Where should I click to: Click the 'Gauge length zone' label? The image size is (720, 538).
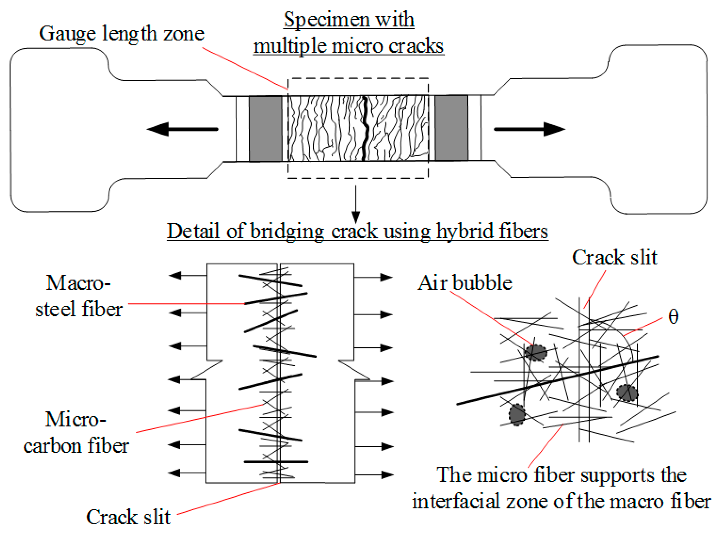(121, 34)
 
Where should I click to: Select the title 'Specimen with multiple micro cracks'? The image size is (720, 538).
(349, 33)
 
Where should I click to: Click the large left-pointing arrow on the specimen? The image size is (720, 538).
(182, 129)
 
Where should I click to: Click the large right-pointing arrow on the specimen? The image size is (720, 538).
(529, 129)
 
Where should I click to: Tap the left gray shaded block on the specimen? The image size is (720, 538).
(266, 129)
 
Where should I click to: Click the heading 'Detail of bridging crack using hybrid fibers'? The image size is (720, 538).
(357, 232)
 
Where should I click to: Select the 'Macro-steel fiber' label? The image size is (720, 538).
(79, 296)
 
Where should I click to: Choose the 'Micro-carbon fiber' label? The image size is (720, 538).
(76, 432)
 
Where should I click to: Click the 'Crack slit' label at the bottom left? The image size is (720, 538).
(128, 517)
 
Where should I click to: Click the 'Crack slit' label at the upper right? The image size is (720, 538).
(615, 258)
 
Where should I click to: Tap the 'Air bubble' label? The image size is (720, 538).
(465, 283)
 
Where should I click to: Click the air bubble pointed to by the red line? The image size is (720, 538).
(536, 352)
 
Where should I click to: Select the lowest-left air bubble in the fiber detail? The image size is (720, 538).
(517, 414)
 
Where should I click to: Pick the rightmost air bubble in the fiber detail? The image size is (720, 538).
(627, 393)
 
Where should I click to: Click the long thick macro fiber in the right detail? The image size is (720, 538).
(558, 380)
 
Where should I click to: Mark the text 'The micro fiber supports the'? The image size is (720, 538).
(561, 475)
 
